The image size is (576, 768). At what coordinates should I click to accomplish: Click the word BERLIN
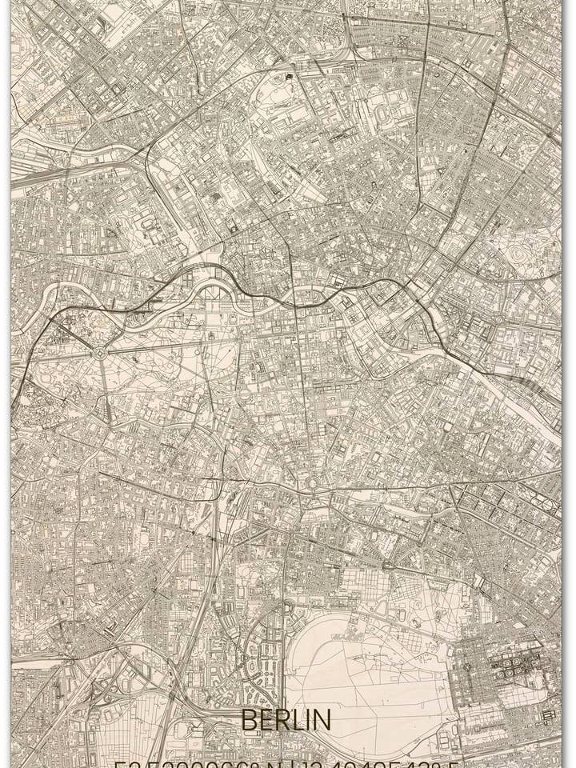pos(286,720)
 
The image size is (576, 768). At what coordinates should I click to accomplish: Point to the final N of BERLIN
pos(322,720)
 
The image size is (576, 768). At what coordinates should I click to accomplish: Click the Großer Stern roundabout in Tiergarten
pos(99,352)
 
